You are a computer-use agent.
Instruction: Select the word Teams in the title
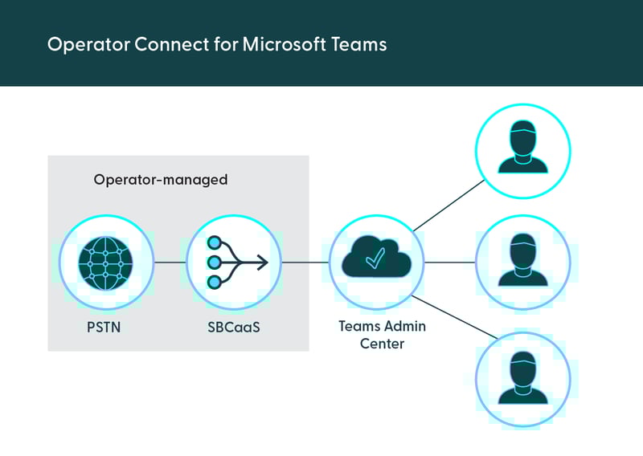359,44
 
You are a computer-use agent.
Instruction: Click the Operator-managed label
161,180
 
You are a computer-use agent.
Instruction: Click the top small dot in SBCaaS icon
214,242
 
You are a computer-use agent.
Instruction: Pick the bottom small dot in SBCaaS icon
214,282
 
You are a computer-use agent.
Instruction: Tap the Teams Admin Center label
382,334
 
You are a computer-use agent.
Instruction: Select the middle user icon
522,263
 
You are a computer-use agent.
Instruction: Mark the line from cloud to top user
448,205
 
